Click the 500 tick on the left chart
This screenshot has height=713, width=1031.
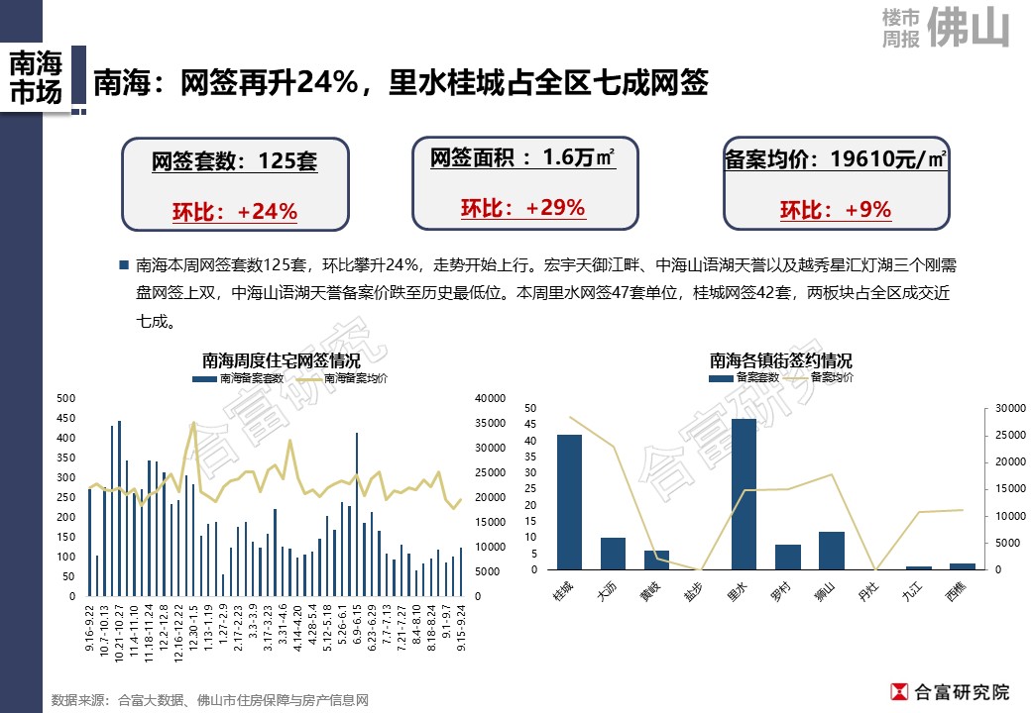[66, 398]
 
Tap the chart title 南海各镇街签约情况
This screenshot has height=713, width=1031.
[780, 360]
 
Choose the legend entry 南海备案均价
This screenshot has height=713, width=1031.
[355, 377]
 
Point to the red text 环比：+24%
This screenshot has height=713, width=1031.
[235, 212]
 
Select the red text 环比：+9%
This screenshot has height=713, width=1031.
[835, 210]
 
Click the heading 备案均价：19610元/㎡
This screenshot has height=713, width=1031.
[835, 158]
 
